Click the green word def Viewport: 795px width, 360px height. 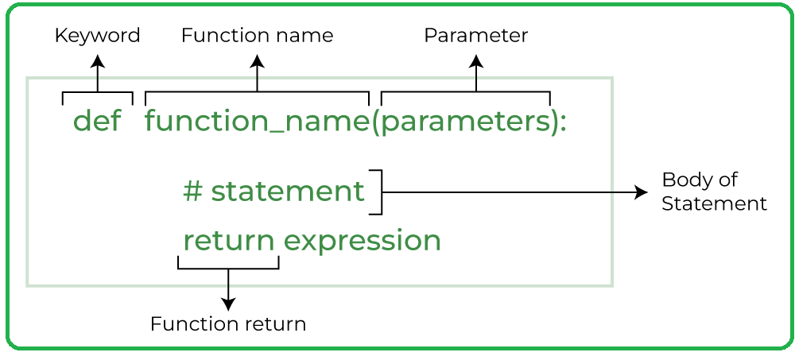pyautogui.click(x=97, y=122)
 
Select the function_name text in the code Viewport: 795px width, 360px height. pyautogui.click(x=257, y=122)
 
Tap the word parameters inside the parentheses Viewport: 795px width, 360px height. pyautogui.click(x=465, y=122)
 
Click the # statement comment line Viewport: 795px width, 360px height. pyautogui.click(x=273, y=192)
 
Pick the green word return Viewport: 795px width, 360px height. pyautogui.click(x=229, y=240)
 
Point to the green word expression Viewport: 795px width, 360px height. pyautogui.click(x=363, y=240)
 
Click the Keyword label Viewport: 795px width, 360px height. pyautogui.click(x=97, y=36)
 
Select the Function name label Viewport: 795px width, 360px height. pyautogui.click(x=257, y=36)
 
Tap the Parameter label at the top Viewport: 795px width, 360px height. pyautogui.click(x=475, y=36)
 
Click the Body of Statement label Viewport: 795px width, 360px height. pyautogui.click(x=714, y=192)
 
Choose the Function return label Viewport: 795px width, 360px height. pyautogui.click(x=228, y=324)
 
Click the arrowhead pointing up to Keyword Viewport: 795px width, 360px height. pyautogui.click(x=98, y=60)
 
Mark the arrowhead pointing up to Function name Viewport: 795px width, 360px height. pyautogui.click(x=257, y=60)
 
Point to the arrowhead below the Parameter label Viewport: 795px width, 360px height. pyautogui.click(x=476, y=60)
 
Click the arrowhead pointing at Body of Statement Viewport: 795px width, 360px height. pyautogui.click(x=642, y=192)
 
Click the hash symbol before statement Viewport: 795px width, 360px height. pyautogui.click(x=192, y=192)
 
